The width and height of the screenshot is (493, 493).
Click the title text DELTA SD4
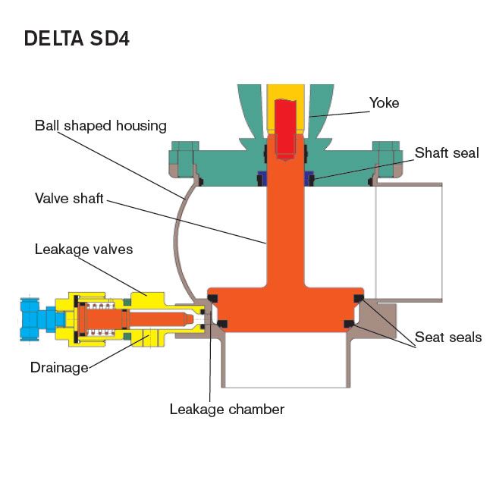[x=77, y=39]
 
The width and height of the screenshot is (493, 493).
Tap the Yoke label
[x=383, y=102]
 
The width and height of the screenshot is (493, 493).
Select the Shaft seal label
[x=446, y=153]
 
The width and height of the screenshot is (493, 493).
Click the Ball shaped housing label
[x=100, y=125]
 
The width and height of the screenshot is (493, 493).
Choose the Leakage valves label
[x=83, y=249]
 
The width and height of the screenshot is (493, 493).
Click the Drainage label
[x=58, y=368]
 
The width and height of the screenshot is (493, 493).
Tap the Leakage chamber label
[x=227, y=410]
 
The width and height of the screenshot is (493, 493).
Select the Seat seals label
[x=447, y=337]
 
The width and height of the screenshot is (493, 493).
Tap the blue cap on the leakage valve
[x=34, y=319]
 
